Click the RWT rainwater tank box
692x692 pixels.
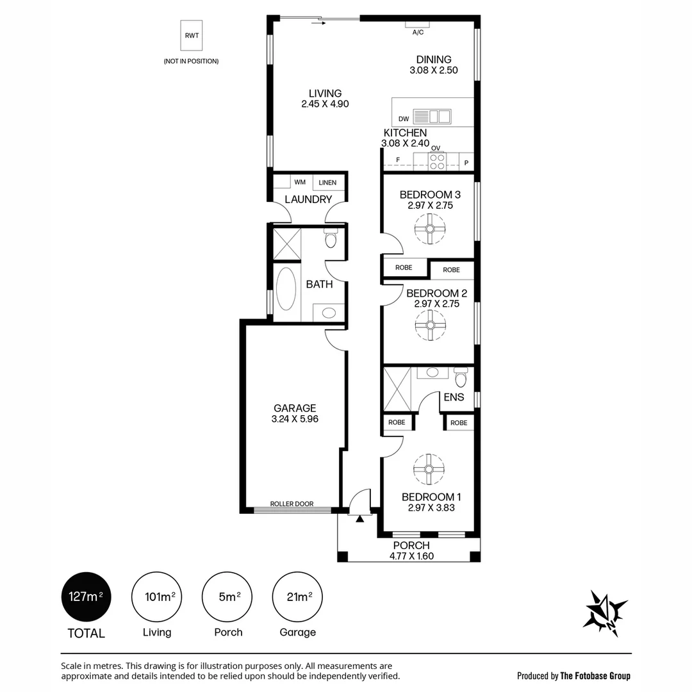[x=192, y=35]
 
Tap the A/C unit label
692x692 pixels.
[x=418, y=32]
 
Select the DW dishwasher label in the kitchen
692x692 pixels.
[x=404, y=119]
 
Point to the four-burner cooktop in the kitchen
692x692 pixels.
[x=437, y=161]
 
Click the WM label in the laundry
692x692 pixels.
[x=300, y=182]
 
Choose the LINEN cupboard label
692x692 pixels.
[x=327, y=182]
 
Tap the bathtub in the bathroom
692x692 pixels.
[x=286, y=289]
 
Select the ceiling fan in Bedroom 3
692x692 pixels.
[x=430, y=229]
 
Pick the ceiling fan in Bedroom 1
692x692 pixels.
[x=429, y=469]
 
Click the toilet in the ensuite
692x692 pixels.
[x=461, y=377]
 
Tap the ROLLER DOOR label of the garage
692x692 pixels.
[x=292, y=504]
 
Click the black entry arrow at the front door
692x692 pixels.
[x=359, y=519]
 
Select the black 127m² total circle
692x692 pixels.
[x=86, y=597]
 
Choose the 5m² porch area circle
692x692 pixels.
[x=227, y=597]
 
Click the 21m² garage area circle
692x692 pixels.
[x=297, y=597]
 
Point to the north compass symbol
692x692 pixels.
[x=605, y=613]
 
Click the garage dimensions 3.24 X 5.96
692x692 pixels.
[x=295, y=419]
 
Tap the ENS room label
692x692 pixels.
[x=454, y=397]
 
